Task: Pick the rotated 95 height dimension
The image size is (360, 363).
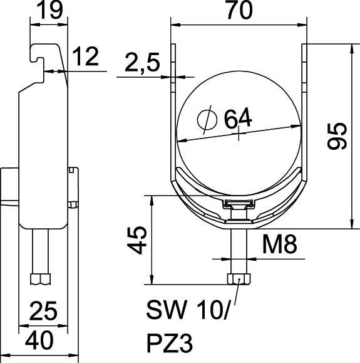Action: (338, 136)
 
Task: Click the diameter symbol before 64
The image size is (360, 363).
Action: (204, 117)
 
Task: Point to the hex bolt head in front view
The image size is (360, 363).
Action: (239, 278)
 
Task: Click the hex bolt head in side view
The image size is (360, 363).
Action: (41, 278)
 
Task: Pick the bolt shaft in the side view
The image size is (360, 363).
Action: (41, 251)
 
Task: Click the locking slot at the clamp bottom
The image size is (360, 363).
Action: (239, 204)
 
